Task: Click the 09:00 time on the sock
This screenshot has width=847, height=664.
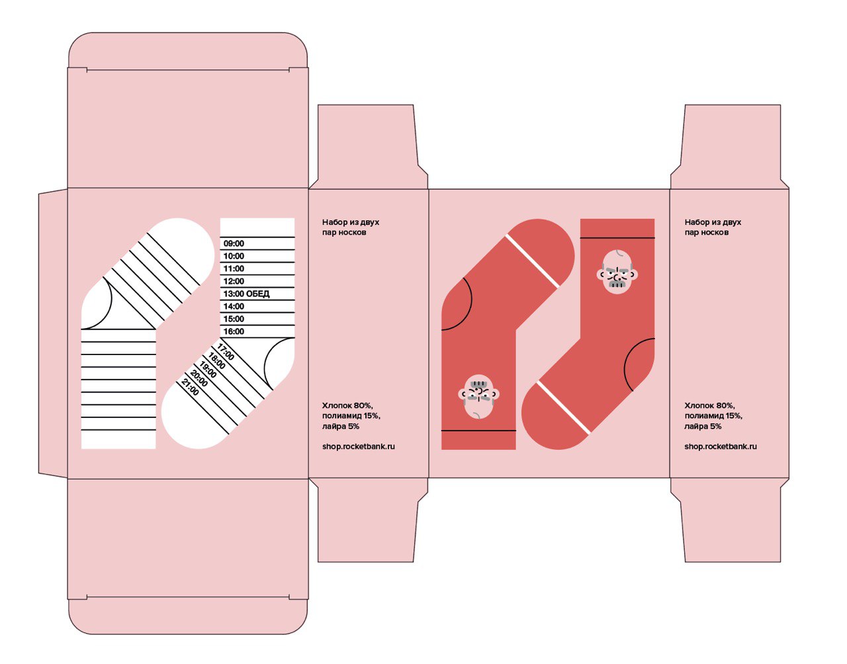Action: tap(234, 243)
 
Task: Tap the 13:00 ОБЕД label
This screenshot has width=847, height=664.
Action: tap(246, 294)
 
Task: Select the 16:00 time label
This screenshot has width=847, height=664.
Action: tap(234, 331)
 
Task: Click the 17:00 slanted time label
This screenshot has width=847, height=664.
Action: tap(225, 353)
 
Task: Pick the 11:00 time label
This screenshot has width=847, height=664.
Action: tap(234, 269)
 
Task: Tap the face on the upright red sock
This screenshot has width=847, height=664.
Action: tap(618, 271)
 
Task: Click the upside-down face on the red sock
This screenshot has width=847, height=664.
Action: tap(478, 396)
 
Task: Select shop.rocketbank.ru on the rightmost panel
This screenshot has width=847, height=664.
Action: tap(721, 446)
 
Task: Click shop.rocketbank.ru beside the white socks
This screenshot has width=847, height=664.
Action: tap(359, 446)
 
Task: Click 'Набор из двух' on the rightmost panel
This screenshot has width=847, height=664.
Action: tap(713, 222)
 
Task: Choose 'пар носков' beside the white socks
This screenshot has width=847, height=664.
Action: tap(344, 233)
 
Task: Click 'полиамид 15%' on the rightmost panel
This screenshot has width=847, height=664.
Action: tap(713, 416)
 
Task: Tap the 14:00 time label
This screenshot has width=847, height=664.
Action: tap(234, 306)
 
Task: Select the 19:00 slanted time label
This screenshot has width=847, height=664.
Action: tap(208, 370)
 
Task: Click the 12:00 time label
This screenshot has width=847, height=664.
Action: tap(234, 281)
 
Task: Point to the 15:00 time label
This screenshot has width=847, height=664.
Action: tap(234, 319)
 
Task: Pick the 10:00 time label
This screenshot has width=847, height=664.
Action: tap(234, 256)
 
